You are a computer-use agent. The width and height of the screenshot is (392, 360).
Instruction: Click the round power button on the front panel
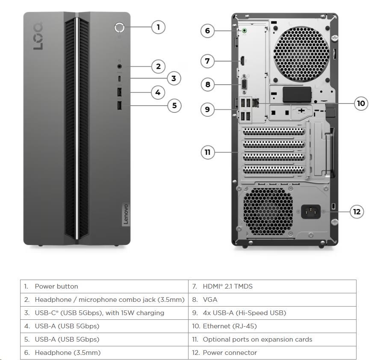(119, 27)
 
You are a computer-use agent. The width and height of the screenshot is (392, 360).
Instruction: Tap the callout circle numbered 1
(158, 27)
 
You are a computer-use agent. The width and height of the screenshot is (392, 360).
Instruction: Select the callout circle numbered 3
(174, 78)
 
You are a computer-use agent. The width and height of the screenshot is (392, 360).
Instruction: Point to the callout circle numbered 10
(361, 103)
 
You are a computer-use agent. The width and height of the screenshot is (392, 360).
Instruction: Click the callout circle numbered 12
(357, 211)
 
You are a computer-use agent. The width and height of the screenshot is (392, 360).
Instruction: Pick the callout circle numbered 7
(207, 61)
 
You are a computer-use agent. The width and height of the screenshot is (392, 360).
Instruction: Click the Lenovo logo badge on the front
(126, 214)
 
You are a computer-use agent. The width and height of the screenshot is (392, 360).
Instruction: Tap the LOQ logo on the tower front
(38, 36)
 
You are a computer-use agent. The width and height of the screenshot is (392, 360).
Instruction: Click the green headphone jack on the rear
(244, 31)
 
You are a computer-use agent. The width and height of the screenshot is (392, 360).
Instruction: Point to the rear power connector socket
(311, 211)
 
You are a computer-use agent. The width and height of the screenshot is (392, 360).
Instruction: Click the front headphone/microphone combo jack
(119, 66)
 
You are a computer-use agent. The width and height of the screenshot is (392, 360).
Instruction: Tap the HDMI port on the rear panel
(242, 61)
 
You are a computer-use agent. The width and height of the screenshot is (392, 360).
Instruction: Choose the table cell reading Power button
(104, 286)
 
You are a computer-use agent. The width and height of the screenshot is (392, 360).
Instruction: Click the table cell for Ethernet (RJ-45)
(272, 326)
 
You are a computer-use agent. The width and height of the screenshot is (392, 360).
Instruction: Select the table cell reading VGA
(272, 300)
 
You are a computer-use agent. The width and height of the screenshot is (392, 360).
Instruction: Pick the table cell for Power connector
(272, 353)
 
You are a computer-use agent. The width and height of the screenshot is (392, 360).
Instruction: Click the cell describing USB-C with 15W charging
(104, 313)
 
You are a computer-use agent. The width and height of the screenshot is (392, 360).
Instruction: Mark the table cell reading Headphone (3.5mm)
(104, 353)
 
